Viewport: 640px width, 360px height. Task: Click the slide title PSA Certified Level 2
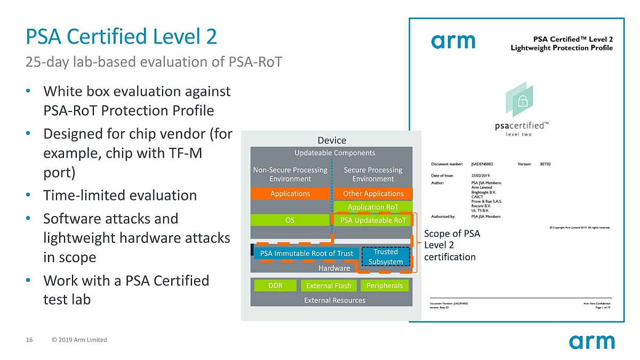(x=121, y=37)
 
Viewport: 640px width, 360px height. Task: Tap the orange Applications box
(x=290, y=193)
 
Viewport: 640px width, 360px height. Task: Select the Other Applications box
(x=373, y=193)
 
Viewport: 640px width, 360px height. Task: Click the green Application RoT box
(x=373, y=207)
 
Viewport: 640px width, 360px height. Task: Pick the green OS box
(x=290, y=220)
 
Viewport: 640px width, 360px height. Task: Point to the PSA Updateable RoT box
(x=373, y=220)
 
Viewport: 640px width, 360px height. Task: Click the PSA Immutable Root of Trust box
(x=306, y=253)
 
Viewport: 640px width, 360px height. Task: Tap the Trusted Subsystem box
(x=386, y=257)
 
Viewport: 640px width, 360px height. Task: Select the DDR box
(x=275, y=285)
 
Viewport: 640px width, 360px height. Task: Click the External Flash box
(x=329, y=285)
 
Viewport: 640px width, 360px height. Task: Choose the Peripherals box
(x=385, y=285)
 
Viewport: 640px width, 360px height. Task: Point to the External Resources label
(x=334, y=300)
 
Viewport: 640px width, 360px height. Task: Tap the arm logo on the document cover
(x=453, y=41)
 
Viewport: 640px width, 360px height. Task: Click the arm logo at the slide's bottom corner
(x=591, y=341)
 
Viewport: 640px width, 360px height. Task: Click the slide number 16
(x=29, y=340)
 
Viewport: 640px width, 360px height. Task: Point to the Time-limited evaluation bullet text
(x=120, y=195)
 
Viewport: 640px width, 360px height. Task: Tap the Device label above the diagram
(x=332, y=140)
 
